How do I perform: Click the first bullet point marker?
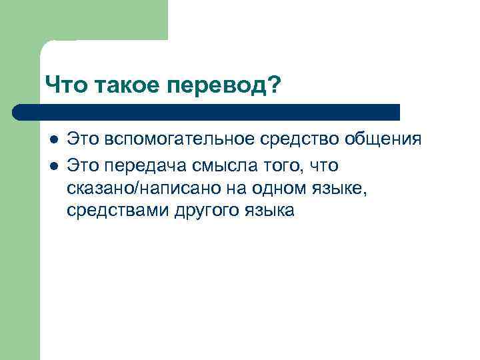[x=52, y=140]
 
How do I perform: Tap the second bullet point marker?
[x=52, y=164]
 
